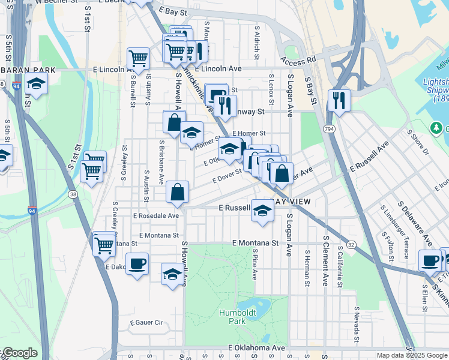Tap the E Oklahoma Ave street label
(x=256, y=348)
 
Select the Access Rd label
(x=298, y=61)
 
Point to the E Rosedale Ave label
(x=156, y=215)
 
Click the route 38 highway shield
(x=73, y=194)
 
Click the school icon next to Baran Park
(x=37, y=85)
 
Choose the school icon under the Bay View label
(x=262, y=211)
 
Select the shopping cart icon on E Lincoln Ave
(x=138, y=59)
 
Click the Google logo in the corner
(x=19, y=353)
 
